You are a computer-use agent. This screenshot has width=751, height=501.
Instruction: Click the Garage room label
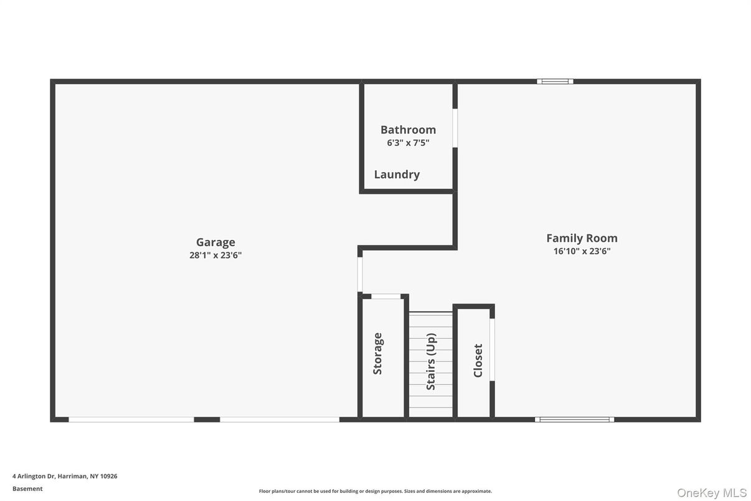point(215,242)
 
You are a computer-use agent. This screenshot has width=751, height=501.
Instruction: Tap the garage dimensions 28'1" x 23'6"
point(215,255)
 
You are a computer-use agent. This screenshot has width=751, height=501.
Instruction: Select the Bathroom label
point(408,130)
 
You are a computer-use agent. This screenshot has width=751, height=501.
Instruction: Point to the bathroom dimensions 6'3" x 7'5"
point(408,143)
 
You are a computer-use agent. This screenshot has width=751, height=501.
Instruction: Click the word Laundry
point(397,174)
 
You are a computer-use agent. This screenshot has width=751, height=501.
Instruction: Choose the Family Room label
point(582,238)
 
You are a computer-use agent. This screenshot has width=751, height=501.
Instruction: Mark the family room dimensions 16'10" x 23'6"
point(582,251)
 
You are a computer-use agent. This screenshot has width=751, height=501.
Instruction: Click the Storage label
point(377,353)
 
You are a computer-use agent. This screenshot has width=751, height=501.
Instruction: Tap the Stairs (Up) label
point(431,361)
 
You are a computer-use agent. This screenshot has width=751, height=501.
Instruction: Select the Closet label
point(478,360)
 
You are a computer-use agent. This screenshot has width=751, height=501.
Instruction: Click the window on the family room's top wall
point(555,81)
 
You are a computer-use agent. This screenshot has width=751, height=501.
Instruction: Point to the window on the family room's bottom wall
point(574,419)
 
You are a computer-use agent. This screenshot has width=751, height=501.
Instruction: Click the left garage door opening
point(131,419)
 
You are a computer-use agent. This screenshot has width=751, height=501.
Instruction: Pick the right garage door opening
point(280,419)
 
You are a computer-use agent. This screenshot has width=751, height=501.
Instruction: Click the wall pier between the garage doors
point(207,419)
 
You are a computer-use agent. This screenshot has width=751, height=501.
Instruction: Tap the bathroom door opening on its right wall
point(455,128)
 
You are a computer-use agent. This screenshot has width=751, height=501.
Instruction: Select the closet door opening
point(492,349)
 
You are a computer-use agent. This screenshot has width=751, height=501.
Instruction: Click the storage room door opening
point(385,296)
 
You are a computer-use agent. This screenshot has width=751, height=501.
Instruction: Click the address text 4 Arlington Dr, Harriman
point(65,476)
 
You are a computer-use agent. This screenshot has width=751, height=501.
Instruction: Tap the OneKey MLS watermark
point(711,493)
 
